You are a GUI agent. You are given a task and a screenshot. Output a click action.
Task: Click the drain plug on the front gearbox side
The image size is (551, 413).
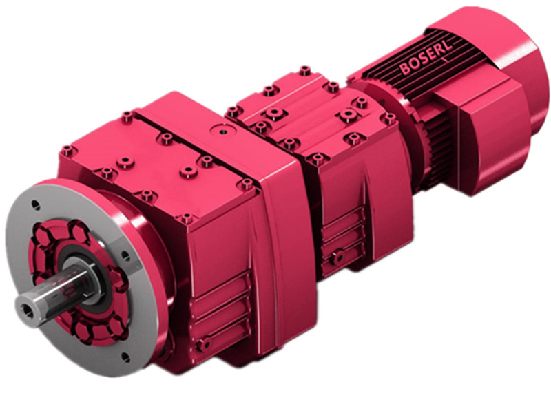204,343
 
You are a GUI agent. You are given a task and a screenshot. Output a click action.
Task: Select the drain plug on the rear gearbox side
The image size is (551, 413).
338,257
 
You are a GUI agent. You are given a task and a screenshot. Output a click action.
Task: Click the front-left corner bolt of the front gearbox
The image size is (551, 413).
67,149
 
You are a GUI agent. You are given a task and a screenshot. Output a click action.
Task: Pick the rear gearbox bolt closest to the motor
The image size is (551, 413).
389,118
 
